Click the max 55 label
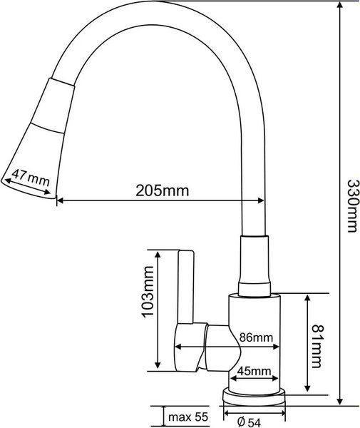pos(187,417)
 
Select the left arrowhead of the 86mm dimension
pos(177,347)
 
